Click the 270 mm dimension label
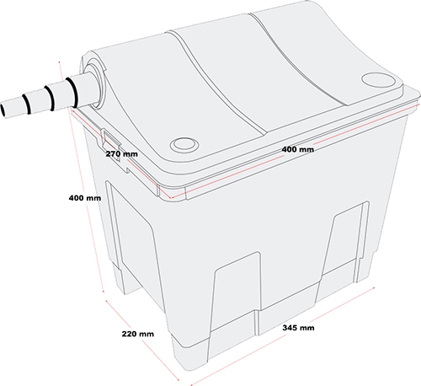(x=122, y=154)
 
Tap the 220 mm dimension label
(x=138, y=334)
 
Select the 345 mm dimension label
(x=298, y=328)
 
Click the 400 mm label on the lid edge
(x=298, y=149)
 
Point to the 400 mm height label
(x=85, y=198)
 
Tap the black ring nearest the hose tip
(x=27, y=104)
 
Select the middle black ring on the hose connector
(x=50, y=98)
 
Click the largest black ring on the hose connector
(x=72, y=92)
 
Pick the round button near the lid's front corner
(x=184, y=144)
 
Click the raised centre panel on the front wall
(x=236, y=293)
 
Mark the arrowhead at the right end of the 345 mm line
(x=373, y=288)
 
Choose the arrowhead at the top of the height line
(x=60, y=62)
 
